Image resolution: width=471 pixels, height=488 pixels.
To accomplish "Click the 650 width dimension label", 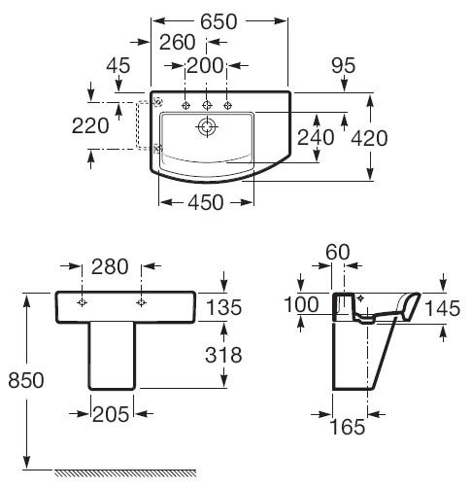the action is click(x=219, y=22).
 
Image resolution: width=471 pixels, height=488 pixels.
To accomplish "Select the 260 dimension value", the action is click(x=178, y=43).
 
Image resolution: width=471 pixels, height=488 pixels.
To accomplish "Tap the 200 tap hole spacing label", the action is click(x=205, y=66).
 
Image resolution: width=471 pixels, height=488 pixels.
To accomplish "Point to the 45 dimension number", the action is click(x=118, y=65).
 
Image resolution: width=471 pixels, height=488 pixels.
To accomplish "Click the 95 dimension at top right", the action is click(x=344, y=65).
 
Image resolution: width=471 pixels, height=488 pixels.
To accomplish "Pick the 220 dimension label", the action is click(x=90, y=125).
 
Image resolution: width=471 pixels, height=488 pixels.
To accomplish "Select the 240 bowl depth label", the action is click(x=316, y=137).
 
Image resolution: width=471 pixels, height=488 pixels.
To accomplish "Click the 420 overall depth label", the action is click(x=369, y=138).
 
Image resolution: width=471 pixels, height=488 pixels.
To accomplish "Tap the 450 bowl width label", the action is click(x=206, y=202).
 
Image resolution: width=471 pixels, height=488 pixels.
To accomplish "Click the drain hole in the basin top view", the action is click(x=207, y=126).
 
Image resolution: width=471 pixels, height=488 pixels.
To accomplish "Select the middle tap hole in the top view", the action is click(x=207, y=105).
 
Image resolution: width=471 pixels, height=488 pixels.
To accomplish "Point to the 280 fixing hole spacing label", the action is click(x=110, y=267).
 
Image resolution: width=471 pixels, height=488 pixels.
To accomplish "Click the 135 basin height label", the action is click(x=224, y=307).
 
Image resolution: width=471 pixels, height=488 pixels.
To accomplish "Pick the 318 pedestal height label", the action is click(x=223, y=355).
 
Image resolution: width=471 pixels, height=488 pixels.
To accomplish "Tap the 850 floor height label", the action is click(x=26, y=380).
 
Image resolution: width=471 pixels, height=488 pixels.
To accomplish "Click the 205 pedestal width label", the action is click(x=111, y=414).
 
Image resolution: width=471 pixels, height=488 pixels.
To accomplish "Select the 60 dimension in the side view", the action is click(x=338, y=252).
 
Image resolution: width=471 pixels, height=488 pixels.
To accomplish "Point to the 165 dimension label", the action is click(x=348, y=427).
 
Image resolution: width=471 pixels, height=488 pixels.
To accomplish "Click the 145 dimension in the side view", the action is click(x=442, y=308).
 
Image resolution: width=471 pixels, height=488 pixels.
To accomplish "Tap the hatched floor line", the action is click(x=125, y=472).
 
